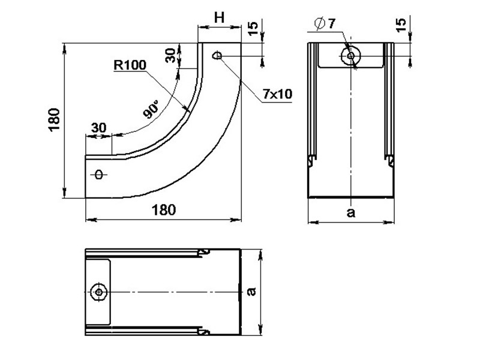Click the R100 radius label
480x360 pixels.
coord(130,65)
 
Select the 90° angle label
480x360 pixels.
coord(152,109)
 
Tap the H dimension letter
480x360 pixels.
coord(219,18)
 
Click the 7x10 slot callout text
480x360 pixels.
coord(277,94)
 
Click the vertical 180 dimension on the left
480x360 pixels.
coord(55,120)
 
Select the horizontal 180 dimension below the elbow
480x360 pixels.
coord(164,210)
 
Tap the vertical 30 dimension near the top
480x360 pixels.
coord(170,55)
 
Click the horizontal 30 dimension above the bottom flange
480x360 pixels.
coord(98,128)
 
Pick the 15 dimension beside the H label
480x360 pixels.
coord(253,28)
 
